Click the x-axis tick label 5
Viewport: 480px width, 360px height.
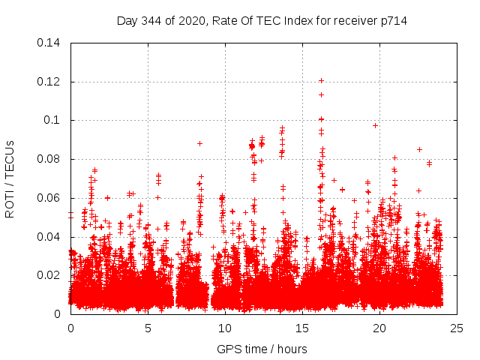pyautogui.click(x=148, y=328)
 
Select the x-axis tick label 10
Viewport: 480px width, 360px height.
pyautogui.click(x=225, y=328)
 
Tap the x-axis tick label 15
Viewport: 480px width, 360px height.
pyautogui.click(x=302, y=328)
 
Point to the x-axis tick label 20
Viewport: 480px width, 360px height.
pyautogui.click(x=379, y=328)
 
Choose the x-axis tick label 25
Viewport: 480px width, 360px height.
pyautogui.click(x=457, y=328)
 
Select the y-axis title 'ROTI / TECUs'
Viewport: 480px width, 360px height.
pyautogui.click(x=10, y=178)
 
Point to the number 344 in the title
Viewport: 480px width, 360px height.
pyautogui.click(x=153, y=20)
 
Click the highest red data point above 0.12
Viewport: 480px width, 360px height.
pyautogui.click(x=321, y=80)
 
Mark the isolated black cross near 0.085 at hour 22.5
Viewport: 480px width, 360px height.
pyautogui.click(x=419, y=149)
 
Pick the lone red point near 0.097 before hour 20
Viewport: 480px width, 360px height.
pyautogui.click(x=375, y=125)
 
